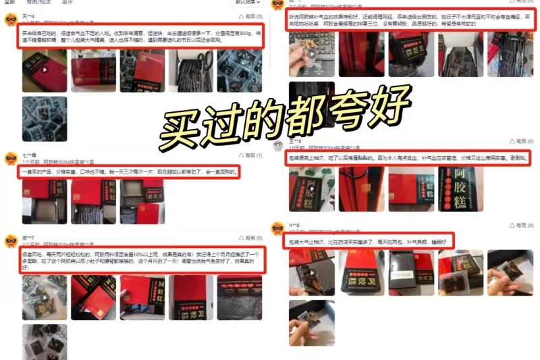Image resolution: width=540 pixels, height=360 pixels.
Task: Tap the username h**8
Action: (x=295, y=225)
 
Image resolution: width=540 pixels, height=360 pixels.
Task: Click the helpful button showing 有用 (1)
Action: (x=250, y=156)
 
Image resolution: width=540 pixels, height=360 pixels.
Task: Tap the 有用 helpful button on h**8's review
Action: (x=516, y=226)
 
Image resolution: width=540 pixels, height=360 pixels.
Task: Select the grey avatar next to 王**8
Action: (x=277, y=144)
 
